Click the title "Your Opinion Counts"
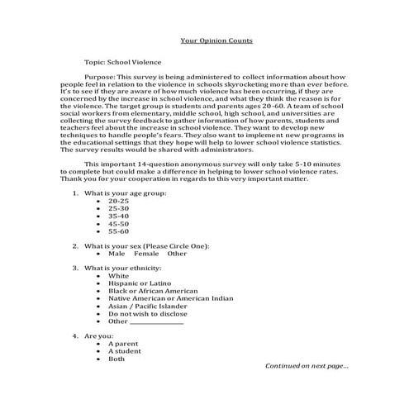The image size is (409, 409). [x=216, y=40]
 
